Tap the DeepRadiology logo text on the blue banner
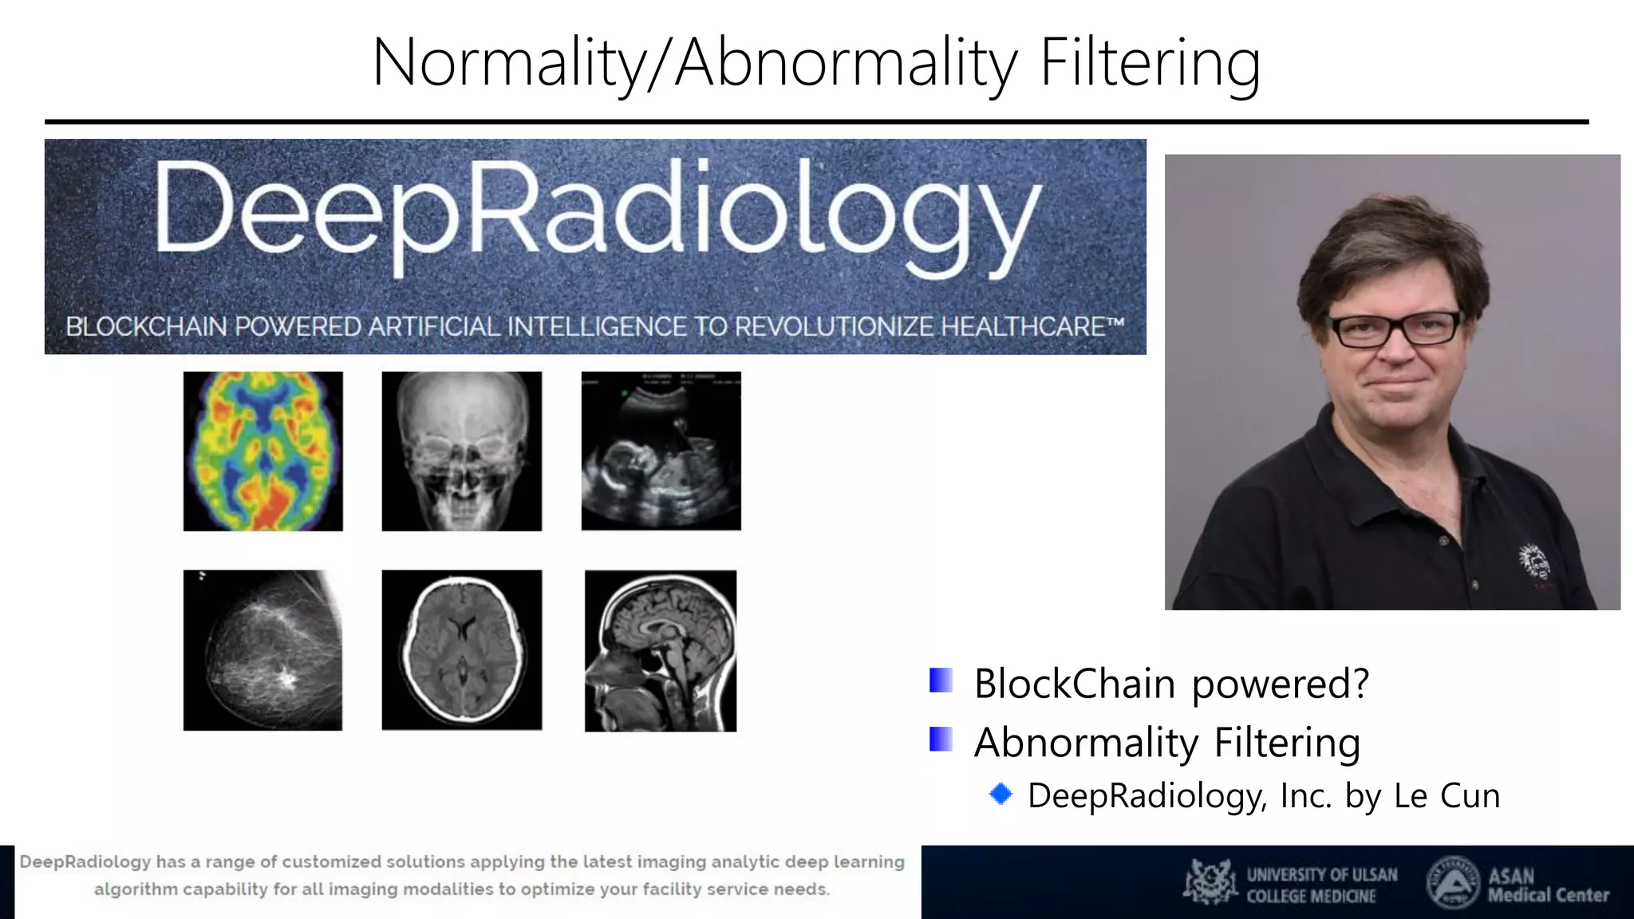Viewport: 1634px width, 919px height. click(x=597, y=215)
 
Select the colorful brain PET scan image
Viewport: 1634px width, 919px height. click(x=263, y=452)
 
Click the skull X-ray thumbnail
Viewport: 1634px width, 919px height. click(x=462, y=452)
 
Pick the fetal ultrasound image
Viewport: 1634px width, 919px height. click(x=661, y=451)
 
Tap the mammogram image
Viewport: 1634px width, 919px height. click(x=263, y=650)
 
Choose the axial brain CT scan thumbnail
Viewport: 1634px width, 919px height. click(x=462, y=650)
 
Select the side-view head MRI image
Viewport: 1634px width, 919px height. click(x=661, y=651)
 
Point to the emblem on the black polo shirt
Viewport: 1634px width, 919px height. click(x=1533, y=562)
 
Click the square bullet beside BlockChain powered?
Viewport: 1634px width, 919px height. click(x=941, y=680)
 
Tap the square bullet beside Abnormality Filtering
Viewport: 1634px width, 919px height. click(x=941, y=740)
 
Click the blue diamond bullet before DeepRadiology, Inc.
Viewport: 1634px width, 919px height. click(x=1001, y=794)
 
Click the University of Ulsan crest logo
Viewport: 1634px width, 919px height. click(x=1210, y=882)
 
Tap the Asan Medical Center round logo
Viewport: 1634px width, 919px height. click(x=1452, y=882)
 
